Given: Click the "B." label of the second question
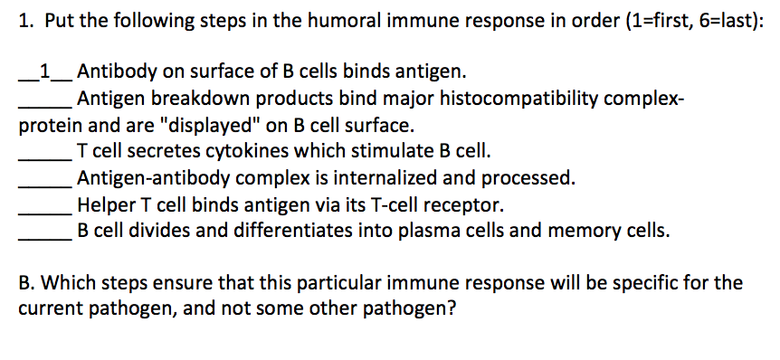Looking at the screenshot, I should pyautogui.click(x=28, y=282).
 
